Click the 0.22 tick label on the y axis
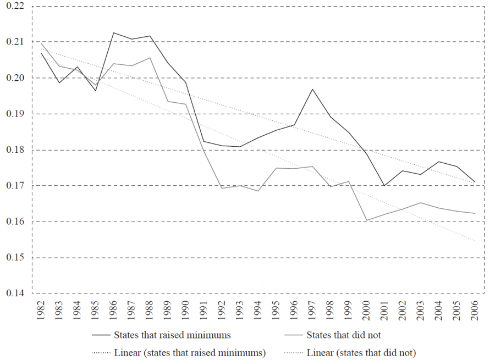coord(15,6)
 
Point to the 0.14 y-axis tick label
coord(15,293)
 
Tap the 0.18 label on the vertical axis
coord(15,150)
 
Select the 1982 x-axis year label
coord(42,310)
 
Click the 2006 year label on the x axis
coord(475,310)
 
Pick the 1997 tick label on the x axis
coord(312,310)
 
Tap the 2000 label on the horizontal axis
coord(366,310)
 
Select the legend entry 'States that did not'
coord(343,335)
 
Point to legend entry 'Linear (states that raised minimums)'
coord(190,352)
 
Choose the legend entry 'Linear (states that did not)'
coord(361,352)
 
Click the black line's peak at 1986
coord(114,32)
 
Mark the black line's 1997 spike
coord(312,89)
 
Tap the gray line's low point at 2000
coord(366,220)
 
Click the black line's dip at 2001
coord(384,186)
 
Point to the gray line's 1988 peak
coord(150,58)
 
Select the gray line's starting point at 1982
coord(42,43)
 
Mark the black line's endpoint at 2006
coord(475,182)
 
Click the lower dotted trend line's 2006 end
coord(475,241)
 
